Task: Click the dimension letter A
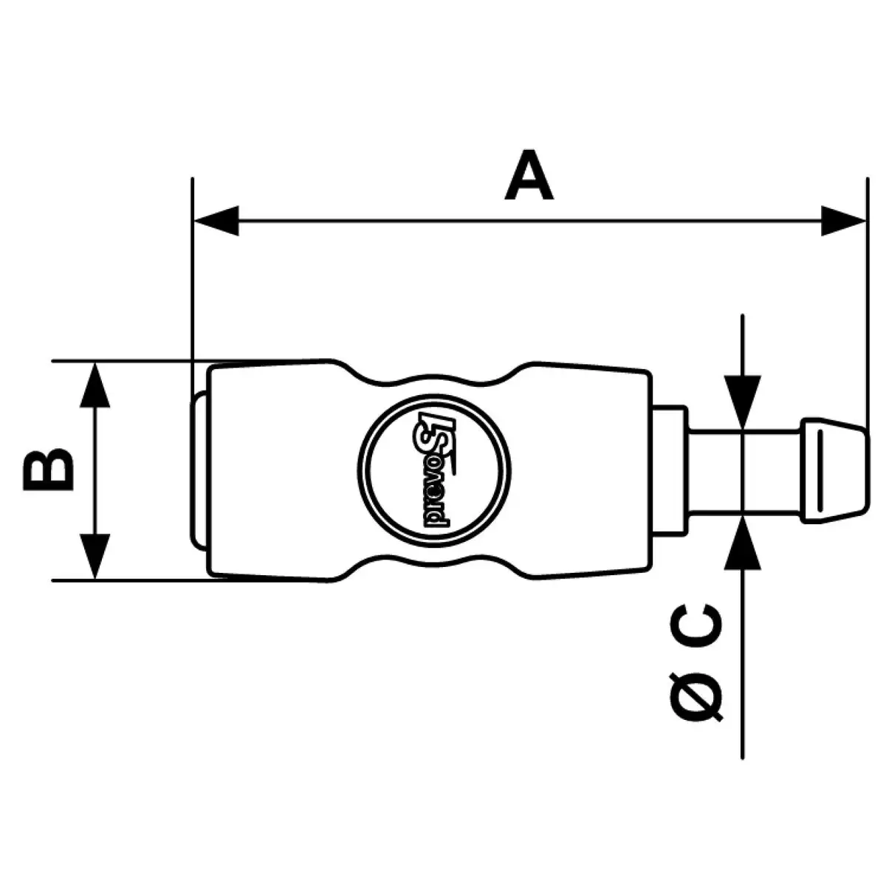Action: [529, 174]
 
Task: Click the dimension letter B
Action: [48, 470]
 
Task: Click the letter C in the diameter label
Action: [696, 626]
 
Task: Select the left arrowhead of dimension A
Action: [216, 221]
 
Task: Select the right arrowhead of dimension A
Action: [843, 221]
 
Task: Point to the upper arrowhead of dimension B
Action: [95, 385]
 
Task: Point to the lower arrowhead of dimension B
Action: [95, 557]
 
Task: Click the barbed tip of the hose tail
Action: [834, 470]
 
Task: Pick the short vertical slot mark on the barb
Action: [820, 470]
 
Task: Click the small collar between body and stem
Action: [670, 470]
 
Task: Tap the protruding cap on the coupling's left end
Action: [199, 470]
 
